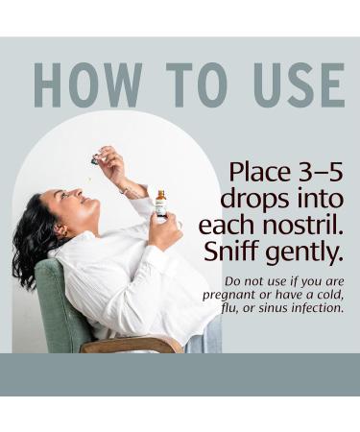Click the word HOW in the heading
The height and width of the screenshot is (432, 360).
(87, 84)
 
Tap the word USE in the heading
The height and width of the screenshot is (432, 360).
(300, 84)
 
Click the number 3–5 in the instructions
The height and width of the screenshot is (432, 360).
(321, 172)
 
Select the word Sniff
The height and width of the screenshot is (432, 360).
(230, 251)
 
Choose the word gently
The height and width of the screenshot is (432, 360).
(302, 252)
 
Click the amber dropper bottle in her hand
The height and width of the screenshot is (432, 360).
(161, 204)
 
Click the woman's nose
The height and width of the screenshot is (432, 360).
(76, 193)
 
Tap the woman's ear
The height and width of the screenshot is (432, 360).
(61, 230)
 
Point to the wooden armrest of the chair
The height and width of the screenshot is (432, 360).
(132, 345)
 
